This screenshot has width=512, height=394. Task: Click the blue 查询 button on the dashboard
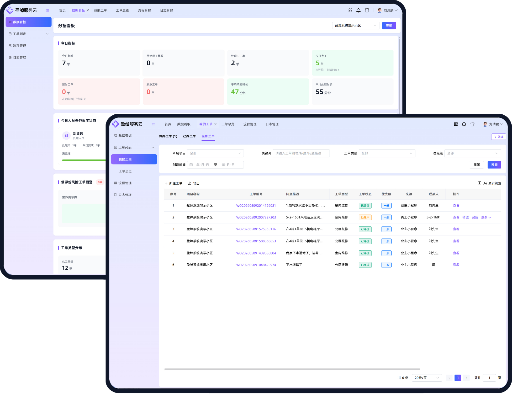point(389,26)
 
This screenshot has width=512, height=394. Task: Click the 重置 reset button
point(477,165)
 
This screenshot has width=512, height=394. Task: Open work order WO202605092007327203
point(256,217)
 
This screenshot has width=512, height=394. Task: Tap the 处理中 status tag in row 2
point(365,217)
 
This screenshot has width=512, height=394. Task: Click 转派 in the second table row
point(465,217)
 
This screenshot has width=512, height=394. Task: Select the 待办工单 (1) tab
point(168,136)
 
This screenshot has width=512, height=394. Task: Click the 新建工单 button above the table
point(173,183)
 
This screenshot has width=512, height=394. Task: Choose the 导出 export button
point(194,183)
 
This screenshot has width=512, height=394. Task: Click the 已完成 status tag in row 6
point(365,265)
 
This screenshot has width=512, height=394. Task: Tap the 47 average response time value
point(235,92)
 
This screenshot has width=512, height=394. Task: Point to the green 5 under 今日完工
point(318,63)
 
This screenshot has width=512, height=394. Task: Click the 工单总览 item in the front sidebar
point(125,171)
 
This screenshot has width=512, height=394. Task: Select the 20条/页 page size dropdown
point(427,378)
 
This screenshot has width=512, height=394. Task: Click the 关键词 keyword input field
point(301,153)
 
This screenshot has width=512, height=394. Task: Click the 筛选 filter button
point(498,137)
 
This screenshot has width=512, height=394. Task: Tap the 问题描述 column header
point(292,194)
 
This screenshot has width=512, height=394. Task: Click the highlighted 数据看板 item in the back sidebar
point(29,22)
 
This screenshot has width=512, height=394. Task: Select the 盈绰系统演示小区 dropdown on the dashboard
point(355,26)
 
